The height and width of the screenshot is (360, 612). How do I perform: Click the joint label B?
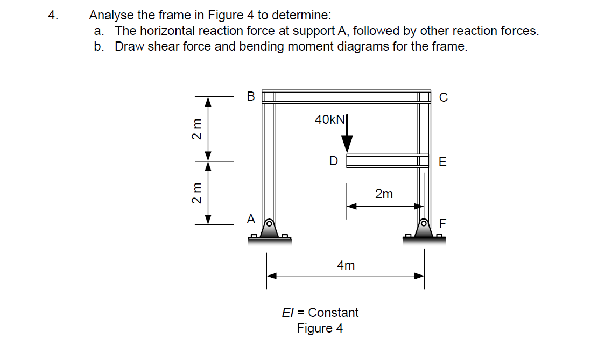[250, 97]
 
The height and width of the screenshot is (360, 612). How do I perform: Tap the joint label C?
[443, 97]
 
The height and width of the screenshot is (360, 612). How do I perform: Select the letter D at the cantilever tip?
[334, 160]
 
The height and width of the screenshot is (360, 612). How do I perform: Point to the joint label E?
[442, 162]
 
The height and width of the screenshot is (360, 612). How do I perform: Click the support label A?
[250, 219]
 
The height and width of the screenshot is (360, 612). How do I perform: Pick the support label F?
[442, 223]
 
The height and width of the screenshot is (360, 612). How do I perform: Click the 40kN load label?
[329, 119]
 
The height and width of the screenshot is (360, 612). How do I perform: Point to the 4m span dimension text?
[346, 265]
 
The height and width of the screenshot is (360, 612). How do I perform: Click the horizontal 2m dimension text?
[384, 194]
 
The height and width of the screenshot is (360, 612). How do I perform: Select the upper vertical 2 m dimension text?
[198, 129]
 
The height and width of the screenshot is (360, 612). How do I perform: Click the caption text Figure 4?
[320, 328]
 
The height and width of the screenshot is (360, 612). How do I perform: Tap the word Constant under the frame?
[333, 313]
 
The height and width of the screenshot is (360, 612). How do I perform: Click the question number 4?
[52, 16]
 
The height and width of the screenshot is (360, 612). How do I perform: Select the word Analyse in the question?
[111, 16]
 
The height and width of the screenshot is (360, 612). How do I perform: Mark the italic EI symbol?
[288, 313]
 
